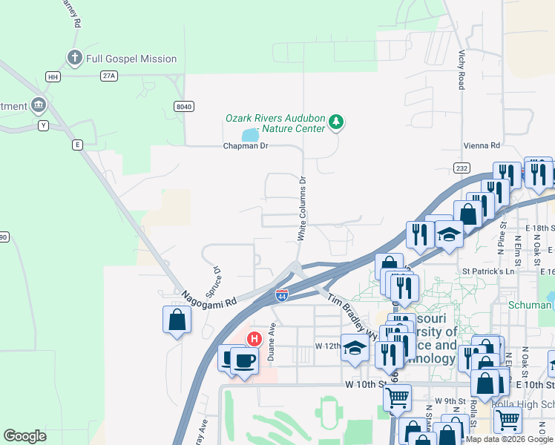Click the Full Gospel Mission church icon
coord(74,58)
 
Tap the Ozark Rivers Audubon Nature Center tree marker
coord(336,122)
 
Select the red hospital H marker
coord(254,340)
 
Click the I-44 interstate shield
coord(282,294)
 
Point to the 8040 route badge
coord(184,107)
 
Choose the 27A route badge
coord(110,76)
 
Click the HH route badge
coord(53,76)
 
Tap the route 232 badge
coord(462,168)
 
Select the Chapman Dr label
coord(245,146)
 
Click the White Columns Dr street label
coord(302,208)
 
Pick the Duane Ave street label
coord(272,342)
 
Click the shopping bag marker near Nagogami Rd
coord(177,320)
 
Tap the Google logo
coord(24,436)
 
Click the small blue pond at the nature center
coord(249,135)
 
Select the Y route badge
coord(44,125)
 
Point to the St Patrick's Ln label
coord(488,272)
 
